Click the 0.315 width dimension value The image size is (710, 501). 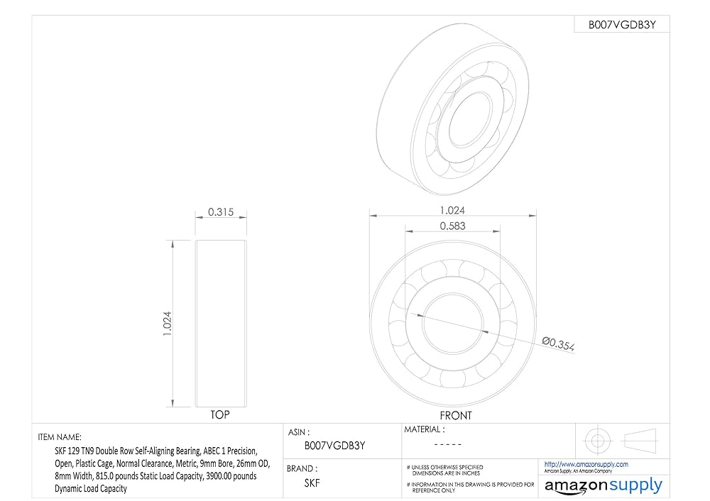[221, 211]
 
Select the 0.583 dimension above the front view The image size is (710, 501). [452, 226]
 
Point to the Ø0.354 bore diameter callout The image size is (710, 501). [558, 344]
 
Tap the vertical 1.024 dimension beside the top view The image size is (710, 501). [167, 323]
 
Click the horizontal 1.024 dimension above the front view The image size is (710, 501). [452, 211]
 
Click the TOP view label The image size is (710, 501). [220, 414]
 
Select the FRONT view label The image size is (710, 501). [456, 415]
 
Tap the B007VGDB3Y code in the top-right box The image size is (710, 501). [622, 25]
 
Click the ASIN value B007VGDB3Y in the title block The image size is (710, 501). [334, 446]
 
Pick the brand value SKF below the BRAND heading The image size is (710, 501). [312, 483]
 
